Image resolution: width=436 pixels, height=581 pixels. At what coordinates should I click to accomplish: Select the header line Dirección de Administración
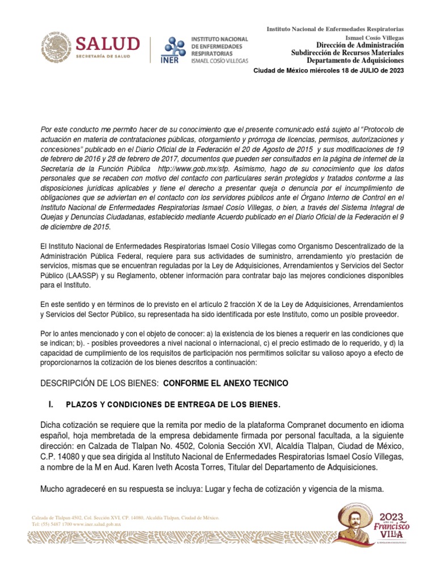click(x=355, y=45)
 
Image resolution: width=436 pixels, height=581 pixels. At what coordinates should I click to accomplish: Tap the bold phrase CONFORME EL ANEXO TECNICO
click(x=225, y=384)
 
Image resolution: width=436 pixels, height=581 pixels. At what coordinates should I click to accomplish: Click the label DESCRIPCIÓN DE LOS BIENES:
click(x=99, y=384)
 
